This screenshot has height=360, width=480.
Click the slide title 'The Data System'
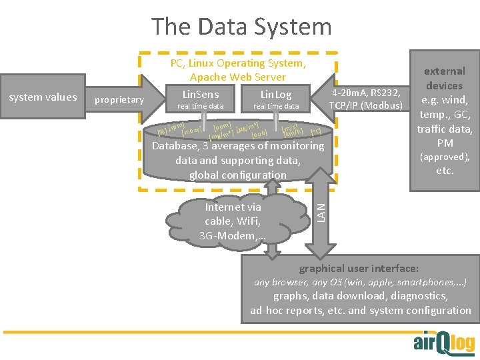(241, 27)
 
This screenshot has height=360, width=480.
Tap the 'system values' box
(43, 97)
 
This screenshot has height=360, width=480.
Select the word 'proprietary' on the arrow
(119, 100)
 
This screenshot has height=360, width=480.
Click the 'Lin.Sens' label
(200, 95)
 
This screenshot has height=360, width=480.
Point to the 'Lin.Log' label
(276, 95)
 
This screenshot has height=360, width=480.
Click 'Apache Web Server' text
(238, 77)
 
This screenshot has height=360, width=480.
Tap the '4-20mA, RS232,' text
(366, 93)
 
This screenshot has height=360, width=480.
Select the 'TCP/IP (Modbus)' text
(366, 106)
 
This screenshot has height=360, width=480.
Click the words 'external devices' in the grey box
(445, 78)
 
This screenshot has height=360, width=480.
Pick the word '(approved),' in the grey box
(445, 157)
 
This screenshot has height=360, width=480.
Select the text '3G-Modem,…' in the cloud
(233, 236)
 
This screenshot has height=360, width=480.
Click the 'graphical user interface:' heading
(359, 269)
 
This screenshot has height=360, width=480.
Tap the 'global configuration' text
(238, 175)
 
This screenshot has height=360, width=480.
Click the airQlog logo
(444, 342)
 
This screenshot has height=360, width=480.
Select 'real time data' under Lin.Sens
(200, 107)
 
